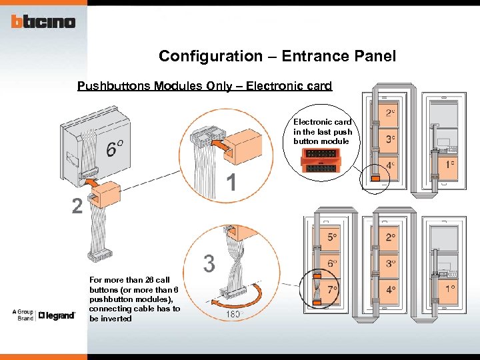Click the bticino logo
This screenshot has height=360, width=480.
tap(43, 22)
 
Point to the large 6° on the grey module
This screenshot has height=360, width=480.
tap(114, 149)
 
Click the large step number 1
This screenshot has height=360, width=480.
tap(231, 181)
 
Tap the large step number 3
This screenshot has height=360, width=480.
tap(209, 264)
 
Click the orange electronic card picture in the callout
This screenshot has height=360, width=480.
tap(323, 161)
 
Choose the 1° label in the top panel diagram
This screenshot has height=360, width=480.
tap(451, 164)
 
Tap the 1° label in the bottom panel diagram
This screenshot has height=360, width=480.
tap(451, 289)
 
